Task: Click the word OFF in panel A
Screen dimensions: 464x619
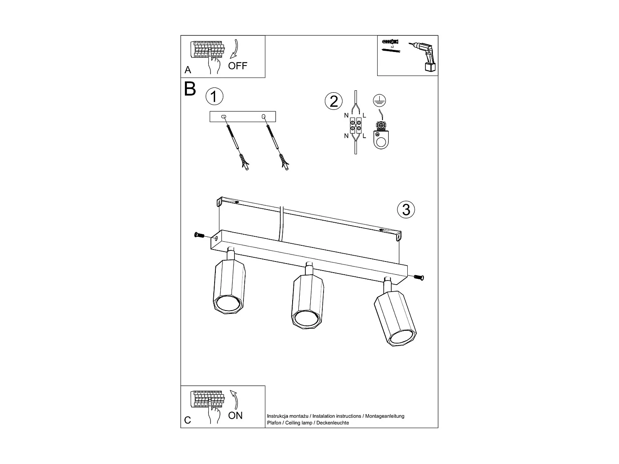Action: (x=238, y=66)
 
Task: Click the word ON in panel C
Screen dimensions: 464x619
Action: (x=236, y=415)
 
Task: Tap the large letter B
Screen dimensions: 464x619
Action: (x=190, y=89)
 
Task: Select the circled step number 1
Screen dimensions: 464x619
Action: (x=214, y=97)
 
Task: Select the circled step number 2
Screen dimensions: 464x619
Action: (x=334, y=101)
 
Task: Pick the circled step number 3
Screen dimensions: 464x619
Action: (x=406, y=210)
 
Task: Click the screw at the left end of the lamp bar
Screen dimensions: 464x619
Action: (x=199, y=235)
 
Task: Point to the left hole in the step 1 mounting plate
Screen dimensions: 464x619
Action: (x=224, y=117)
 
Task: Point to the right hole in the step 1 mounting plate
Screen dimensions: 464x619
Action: (x=264, y=117)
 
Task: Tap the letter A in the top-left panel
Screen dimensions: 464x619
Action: (x=188, y=70)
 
